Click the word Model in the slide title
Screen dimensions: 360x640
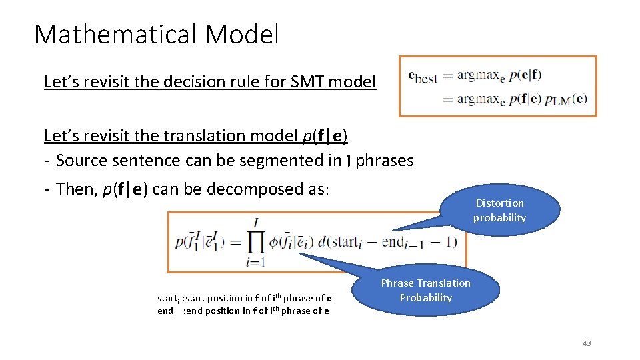pos(242,34)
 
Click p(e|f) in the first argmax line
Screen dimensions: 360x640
pos(525,75)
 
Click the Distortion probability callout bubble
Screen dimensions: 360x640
pos(499,211)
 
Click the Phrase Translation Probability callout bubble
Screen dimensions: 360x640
pos(425,291)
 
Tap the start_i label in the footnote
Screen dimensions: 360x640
pos(167,298)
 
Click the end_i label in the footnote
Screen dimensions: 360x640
pos(166,311)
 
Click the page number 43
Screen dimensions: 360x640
pos(587,343)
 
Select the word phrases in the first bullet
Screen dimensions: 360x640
pos(385,161)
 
